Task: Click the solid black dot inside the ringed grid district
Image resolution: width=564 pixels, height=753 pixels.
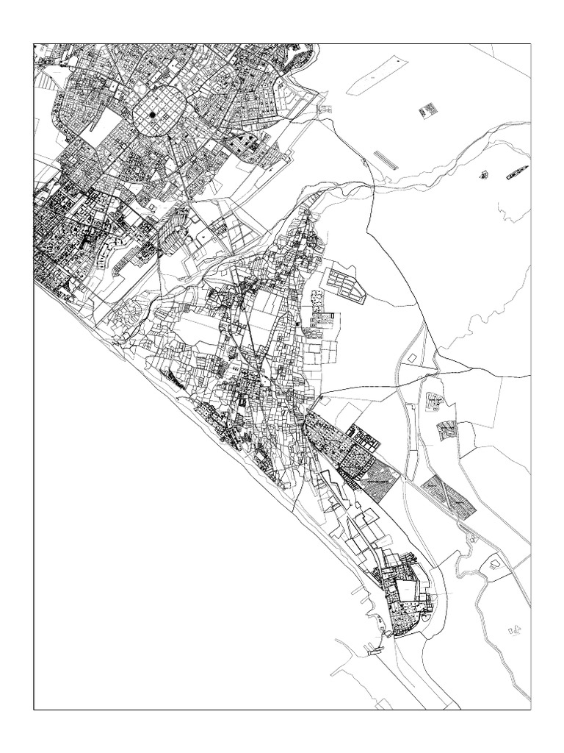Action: [152, 115]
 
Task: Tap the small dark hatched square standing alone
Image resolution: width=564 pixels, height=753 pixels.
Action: [427, 111]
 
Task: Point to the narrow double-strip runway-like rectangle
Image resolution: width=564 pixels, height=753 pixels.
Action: [386, 160]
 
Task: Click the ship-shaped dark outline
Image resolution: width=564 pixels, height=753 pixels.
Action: [516, 174]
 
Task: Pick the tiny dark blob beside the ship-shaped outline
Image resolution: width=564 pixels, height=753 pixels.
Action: [484, 175]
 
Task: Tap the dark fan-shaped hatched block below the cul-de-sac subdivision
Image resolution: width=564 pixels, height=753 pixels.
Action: [446, 430]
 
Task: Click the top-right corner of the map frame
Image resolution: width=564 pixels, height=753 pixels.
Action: [530, 43]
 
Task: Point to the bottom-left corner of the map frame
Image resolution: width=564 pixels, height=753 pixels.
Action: [34, 710]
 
